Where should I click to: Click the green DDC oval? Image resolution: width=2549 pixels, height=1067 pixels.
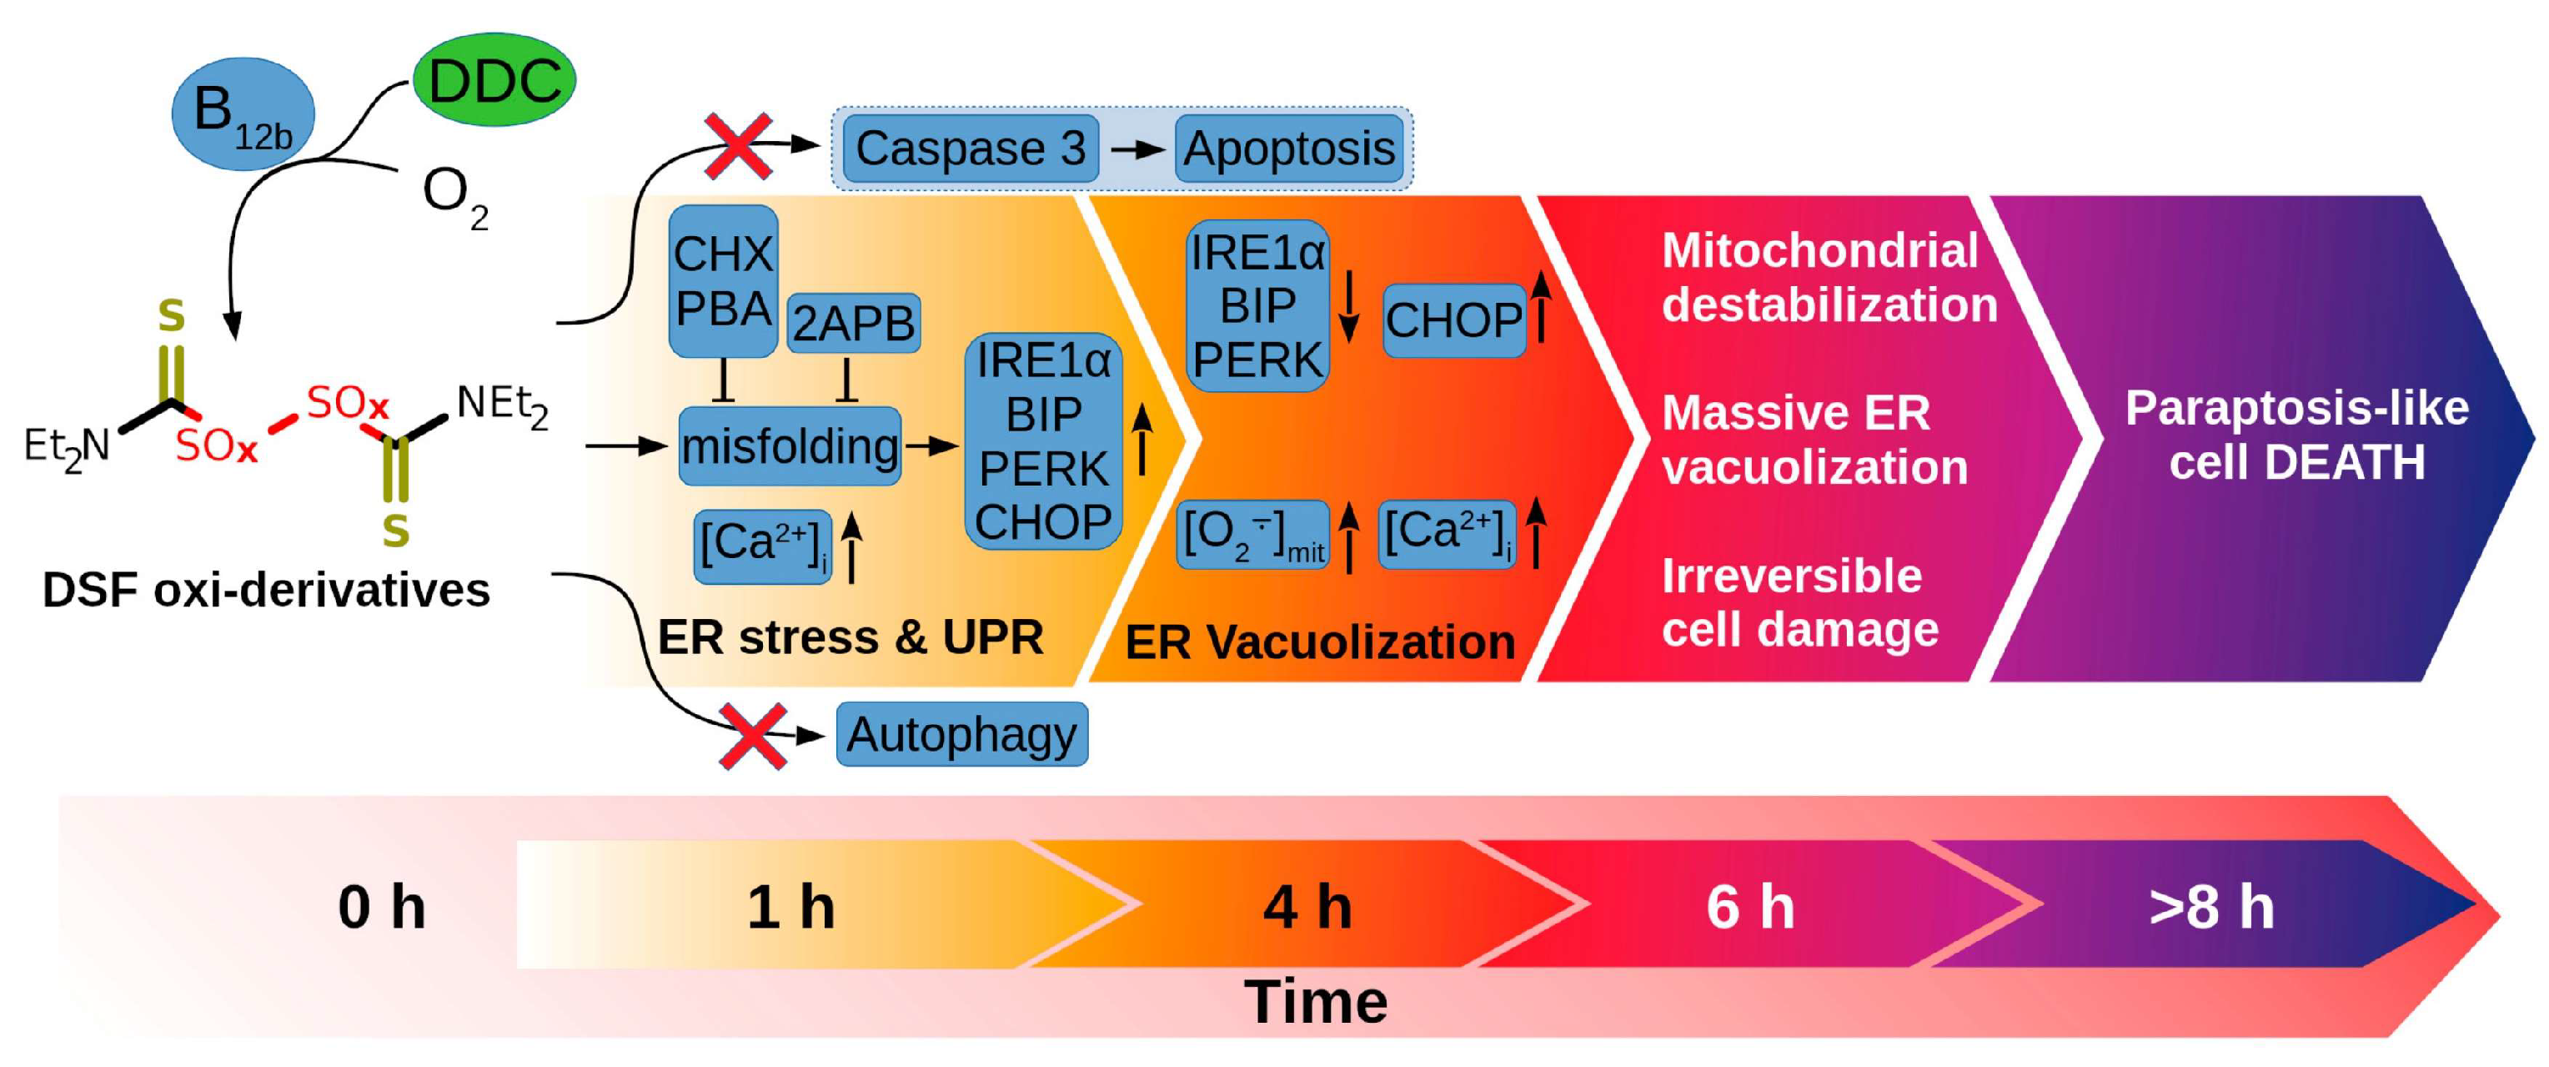tap(494, 79)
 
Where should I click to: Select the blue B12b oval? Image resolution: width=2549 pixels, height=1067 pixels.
tap(243, 113)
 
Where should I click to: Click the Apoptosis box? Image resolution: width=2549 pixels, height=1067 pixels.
tap(1288, 148)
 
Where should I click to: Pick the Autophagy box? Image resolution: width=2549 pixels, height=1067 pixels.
tap(961, 734)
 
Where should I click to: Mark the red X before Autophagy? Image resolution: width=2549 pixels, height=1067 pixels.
tap(753, 737)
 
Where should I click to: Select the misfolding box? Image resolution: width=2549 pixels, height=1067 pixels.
tap(790, 446)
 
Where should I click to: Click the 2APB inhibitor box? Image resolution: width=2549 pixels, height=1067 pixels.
tap(853, 323)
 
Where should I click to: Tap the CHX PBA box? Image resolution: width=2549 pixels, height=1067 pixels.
tap(723, 281)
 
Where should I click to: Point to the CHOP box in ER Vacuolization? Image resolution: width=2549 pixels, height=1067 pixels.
tap(1453, 320)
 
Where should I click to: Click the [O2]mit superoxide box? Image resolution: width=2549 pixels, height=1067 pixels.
tap(1252, 536)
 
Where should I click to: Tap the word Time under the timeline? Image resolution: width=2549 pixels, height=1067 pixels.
tap(1315, 1002)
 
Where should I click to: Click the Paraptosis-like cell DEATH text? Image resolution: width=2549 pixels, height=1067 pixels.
tap(2296, 435)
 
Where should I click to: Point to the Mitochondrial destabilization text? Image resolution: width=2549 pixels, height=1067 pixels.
tap(1829, 278)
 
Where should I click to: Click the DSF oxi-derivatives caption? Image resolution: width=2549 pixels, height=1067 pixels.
tap(266, 590)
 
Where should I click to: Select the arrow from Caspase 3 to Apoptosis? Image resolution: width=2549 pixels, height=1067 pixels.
tap(1137, 149)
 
